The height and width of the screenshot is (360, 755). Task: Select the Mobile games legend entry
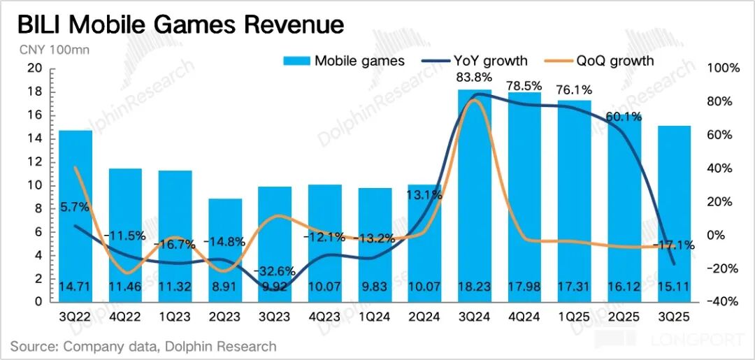coord(344,61)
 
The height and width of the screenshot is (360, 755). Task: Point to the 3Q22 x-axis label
coord(75,317)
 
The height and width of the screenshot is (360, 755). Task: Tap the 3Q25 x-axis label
coord(674,317)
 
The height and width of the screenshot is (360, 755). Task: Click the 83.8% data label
coord(475,77)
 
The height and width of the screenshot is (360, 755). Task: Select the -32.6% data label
coord(275,271)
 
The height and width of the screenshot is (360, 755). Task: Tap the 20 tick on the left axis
coord(34,69)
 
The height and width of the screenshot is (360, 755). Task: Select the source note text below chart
coord(143,346)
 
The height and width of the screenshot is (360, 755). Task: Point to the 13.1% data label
coord(424,195)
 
